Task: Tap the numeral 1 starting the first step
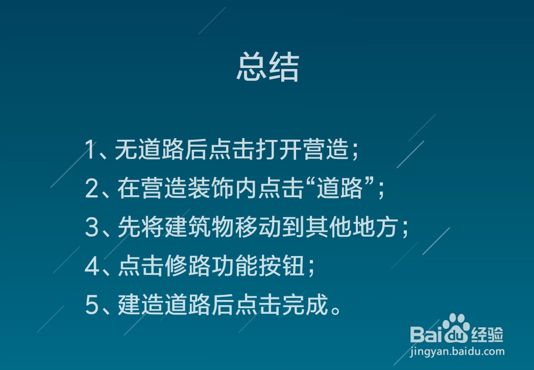click(90, 151)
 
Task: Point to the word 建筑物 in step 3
click(200, 228)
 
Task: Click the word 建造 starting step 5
click(140, 305)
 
